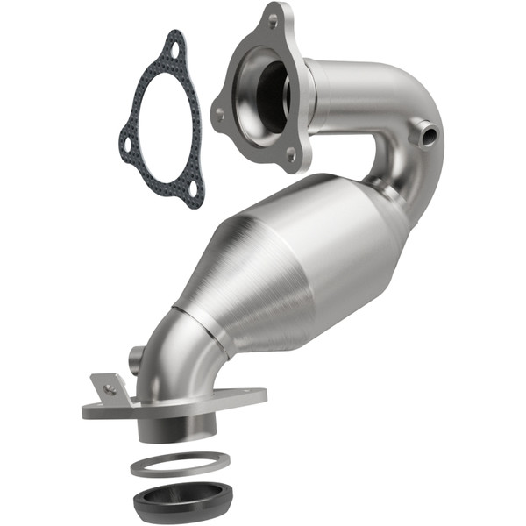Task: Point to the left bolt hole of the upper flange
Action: click(x=218, y=113)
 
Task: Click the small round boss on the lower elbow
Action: click(x=137, y=357)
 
